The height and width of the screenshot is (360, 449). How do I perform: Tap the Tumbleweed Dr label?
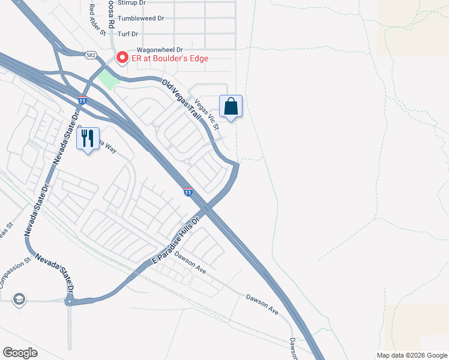(x=141, y=19)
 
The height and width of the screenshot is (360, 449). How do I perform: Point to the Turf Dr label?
(x=128, y=34)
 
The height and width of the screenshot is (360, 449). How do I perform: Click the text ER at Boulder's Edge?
(x=170, y=58)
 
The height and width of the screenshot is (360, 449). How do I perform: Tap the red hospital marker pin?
(x=122, y=58)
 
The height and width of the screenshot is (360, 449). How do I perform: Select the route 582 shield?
(x=91, y=55)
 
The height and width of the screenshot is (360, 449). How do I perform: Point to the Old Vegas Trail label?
(x=181, y=98)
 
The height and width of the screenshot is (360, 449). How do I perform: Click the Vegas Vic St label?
(x=206, y=109)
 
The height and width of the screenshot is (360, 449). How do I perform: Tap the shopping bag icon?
(x=231, y=107)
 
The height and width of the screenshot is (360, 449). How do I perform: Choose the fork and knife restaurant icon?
(x=88, y=139)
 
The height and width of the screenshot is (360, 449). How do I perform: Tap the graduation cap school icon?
(x=19, y=299)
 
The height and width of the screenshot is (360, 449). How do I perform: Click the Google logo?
(x=20, y=353)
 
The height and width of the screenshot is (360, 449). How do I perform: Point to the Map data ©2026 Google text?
(x=411, y=355)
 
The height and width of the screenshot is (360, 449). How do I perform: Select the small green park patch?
(x=108, y=79)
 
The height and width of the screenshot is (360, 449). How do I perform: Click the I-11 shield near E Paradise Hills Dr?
(x=188, y=192)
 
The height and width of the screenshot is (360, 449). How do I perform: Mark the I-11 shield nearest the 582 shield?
(x=82, y=100)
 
